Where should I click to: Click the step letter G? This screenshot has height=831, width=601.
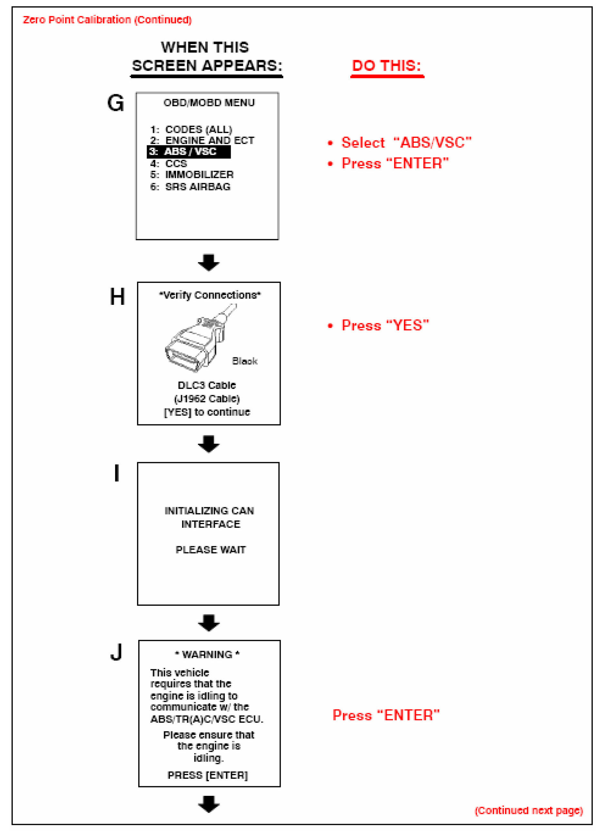115,103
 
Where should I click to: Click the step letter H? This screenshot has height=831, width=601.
117,296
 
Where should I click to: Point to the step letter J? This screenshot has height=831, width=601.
116,652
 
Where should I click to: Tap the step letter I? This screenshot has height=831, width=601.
117,473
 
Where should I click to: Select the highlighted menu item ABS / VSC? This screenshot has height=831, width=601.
189,152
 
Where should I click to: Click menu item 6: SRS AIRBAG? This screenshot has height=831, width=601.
190,187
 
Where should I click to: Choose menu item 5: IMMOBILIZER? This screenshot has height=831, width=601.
192,175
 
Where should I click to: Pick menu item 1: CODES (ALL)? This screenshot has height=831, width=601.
191,129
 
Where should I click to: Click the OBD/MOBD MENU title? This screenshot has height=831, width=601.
209,102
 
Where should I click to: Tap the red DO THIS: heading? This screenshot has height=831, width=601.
386,66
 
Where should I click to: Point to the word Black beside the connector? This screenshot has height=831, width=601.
245,361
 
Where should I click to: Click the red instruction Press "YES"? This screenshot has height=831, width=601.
385,325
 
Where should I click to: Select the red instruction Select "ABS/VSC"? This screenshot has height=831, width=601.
406,142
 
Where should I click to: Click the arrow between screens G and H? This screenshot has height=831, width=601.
208,262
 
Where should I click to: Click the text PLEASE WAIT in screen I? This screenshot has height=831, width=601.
211,550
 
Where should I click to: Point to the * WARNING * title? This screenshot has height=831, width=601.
207,654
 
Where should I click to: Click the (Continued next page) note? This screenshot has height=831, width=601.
528,810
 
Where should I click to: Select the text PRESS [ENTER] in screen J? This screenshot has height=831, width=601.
208,775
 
